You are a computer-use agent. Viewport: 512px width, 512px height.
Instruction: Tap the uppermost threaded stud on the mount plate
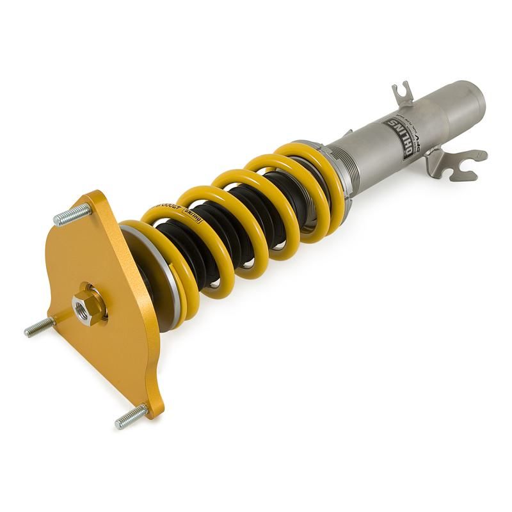click(x=72, y=215)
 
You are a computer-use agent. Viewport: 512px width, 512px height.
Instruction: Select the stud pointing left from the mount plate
click(x=38, y=328)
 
